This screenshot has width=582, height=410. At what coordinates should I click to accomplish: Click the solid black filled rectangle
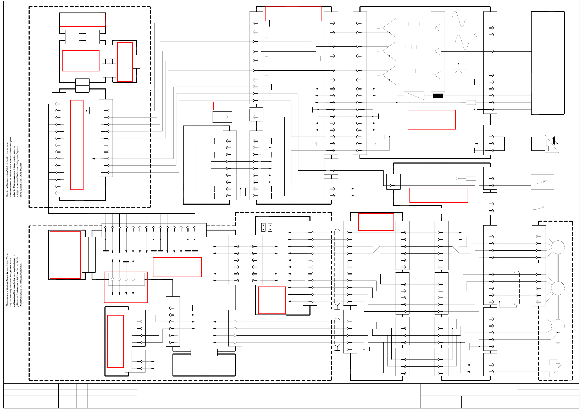pyautogui.click(x=438, y=96)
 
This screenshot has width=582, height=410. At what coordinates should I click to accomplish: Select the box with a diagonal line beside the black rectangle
pyautogui.click(x=414, y=96)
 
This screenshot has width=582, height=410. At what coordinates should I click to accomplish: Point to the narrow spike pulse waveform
pyautogui.click(x=458, y=68)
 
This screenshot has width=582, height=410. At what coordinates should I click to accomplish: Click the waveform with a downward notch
pyautogui.click(x=413, y=71)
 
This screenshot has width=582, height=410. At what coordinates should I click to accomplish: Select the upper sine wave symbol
pyautogui.click(x=459, y=19)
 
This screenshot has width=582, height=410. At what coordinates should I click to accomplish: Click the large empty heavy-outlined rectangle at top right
pyautogui.click(x=547, y=63)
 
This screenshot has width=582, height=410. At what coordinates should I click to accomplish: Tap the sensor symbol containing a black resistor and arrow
pyautogui.click(x=552, y=143)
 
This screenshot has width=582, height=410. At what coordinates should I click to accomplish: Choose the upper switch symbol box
pyautogui.click(x=542, y=182)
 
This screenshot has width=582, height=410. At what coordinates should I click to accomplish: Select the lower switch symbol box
pyautogui.click(x=542, y=207)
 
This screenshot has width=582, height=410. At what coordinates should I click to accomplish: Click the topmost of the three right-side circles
pyautogui.click(x=558, y=247)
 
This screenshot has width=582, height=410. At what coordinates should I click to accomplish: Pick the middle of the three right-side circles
pyautogui.click(x=558, y=288)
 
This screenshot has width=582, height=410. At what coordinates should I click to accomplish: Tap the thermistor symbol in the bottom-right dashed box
pyautogui.click(x=558, y=368)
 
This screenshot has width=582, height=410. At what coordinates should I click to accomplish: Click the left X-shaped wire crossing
pyautogui.click(x=376, y=250)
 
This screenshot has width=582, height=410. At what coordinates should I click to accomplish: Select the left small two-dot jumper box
pyautogui.click(x=263, y=227)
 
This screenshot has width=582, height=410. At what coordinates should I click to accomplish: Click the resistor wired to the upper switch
pyautogui.click(x=471, y=179)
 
